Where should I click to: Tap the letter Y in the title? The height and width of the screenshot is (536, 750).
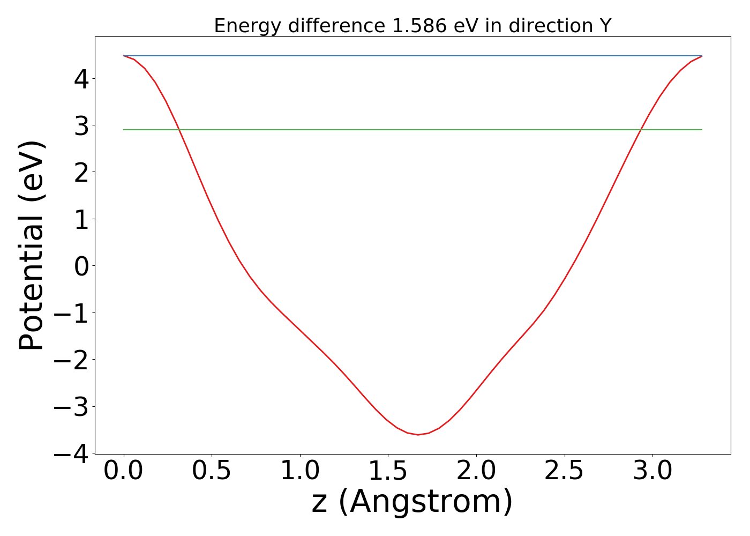tap(605, 26)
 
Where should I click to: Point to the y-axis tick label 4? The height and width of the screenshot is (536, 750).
tap(81, 79)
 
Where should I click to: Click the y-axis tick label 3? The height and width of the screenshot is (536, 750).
tap(81, 125)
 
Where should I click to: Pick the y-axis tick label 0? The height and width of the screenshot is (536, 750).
tap(81, 266)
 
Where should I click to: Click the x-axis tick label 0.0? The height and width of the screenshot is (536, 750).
tap(124, 472)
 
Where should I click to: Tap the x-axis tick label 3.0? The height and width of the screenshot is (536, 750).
tap(652, 472)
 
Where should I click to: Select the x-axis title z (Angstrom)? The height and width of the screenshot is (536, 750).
tap(412, 502)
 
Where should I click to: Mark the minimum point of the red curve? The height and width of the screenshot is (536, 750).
tap(418, 435)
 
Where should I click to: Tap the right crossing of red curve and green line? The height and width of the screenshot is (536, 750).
tap(640, 130)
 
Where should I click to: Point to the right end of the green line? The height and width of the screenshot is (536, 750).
tap(702, 130)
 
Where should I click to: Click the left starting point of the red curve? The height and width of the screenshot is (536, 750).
tap(124, 56)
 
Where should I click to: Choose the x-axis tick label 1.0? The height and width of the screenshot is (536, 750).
tap(300, 472)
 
